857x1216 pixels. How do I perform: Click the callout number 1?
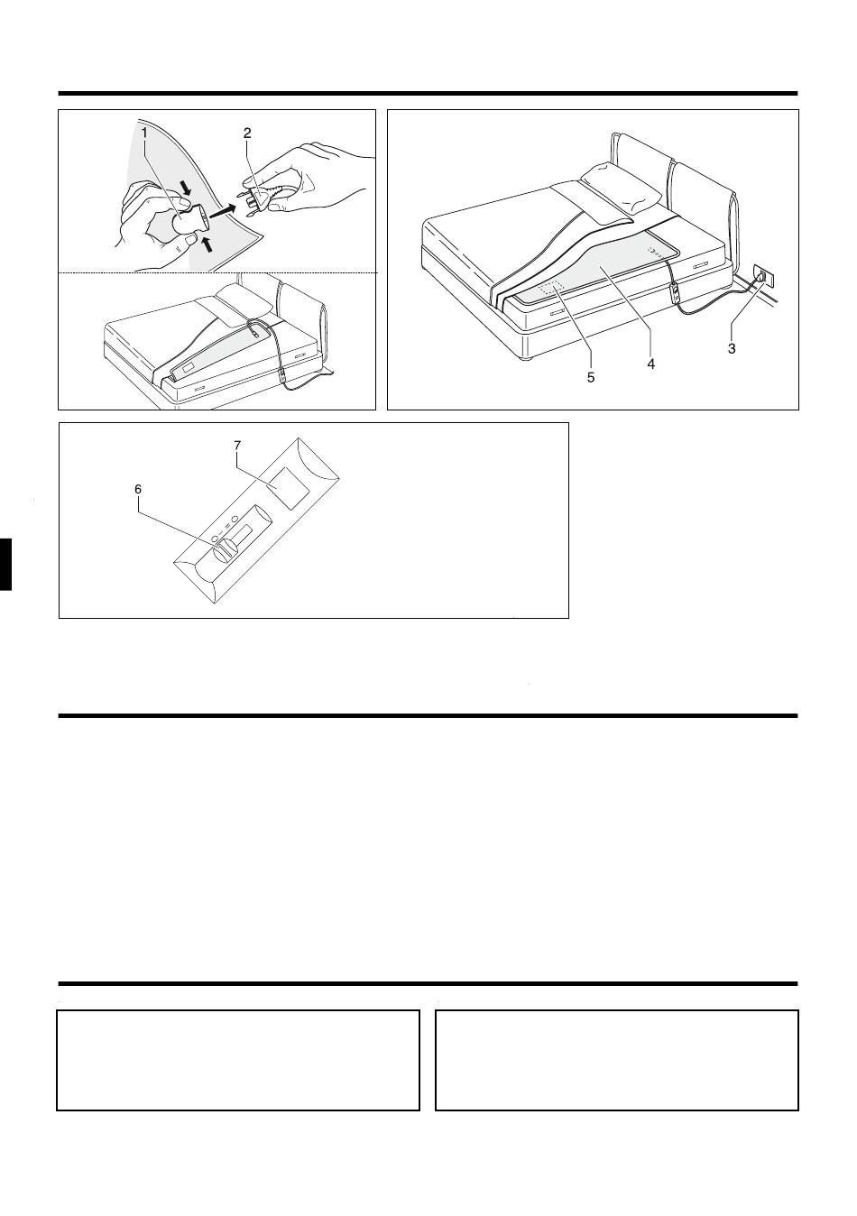pyautogui.click(x=143, y=133)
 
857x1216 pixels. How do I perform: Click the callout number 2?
pyautogui.click(x=247, y=134)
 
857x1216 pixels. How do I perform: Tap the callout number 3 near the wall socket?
pyautogui.click(x=732, y=348)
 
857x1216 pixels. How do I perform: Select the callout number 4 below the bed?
pyautogui.click(x=650, y=364)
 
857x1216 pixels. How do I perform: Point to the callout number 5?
pyautogui.click(x=591, y=377)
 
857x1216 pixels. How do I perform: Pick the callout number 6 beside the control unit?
pyautogui.click(x=138, y=489)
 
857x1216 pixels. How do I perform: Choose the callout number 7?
pyautogui.click(x=237, y=445)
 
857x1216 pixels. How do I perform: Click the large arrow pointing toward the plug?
pyautogui.click(x=224, y=210)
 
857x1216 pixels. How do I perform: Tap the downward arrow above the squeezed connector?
pyautogui.click(x=186, y=188)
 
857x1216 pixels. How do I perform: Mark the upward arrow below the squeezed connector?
pyautogui.click(x=207, y=244)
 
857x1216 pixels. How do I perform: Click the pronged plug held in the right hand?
pyautogui.click(x=254, y=201)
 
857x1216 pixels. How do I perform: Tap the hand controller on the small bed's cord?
pyautogui.click(x=282, y=376)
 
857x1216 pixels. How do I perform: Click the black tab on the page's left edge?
pyautogui.click(x=5, y=564)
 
